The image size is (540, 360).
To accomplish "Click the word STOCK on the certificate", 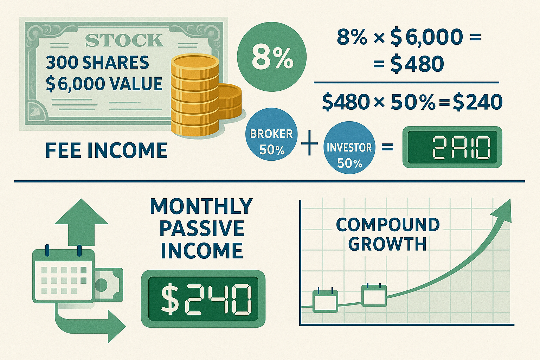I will [124, 41].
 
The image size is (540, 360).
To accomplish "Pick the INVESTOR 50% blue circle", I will [349, 153].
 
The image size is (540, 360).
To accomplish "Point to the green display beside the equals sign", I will [452, 147].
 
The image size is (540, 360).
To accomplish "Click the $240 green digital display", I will [203, 298].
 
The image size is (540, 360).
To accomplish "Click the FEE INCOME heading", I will [106, 150].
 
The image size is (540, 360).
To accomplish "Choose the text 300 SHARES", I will [97, 63].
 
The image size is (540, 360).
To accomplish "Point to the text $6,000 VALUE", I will [104, 84].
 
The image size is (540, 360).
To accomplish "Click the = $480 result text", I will [408, 64].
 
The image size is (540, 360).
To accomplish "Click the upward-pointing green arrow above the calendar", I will [81, 221].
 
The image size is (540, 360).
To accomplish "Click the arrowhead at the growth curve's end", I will [503, 210].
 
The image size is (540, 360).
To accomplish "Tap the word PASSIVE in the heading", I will [202, 229].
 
